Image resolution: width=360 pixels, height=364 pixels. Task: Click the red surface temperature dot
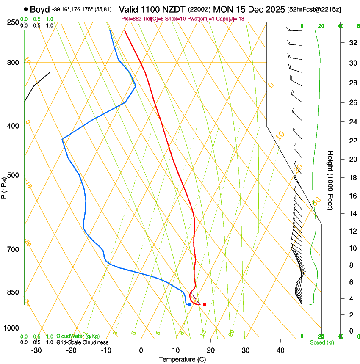(204, 305)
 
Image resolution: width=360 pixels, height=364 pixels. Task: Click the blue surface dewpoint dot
(189, 305)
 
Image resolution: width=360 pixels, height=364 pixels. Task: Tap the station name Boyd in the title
(40, 9)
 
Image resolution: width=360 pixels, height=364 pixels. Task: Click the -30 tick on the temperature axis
(36, 350)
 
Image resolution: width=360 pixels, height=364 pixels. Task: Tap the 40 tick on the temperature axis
(280, 350)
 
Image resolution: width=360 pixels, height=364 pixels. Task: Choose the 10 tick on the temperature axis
(176, 350)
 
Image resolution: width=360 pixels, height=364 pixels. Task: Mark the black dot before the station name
(26, 9)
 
